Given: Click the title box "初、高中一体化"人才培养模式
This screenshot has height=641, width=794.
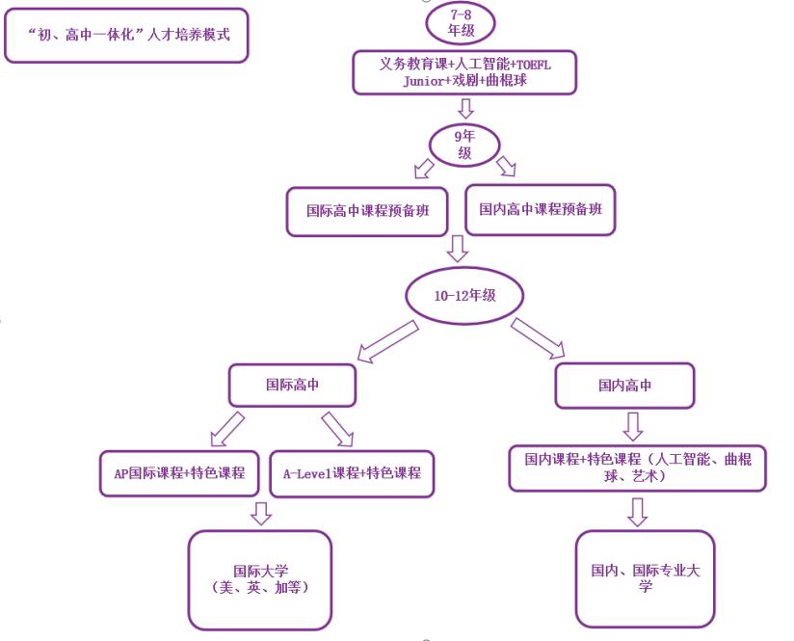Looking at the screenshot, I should pyautogui.click(x=126, y=36).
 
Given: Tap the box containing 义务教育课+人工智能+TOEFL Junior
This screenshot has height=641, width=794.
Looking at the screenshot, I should pyautogui.click(x=464, y=72).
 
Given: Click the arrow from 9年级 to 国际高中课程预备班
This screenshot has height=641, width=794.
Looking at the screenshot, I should pyautogui.click(x=424, y=169).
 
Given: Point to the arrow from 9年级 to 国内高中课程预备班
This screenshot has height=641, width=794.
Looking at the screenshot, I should pyautogui.click(x=505, y=168).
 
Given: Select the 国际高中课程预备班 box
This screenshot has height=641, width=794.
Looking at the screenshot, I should pyautogui.click(x=367, y=211).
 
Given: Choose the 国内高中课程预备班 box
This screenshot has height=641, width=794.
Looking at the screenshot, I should pyautogui.click(x=540, y=209).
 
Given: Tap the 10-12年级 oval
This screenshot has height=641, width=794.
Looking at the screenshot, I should pyautogui.click(x=464, y=296).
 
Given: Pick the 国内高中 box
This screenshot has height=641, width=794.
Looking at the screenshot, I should pyautogui.click(x=624, y=386).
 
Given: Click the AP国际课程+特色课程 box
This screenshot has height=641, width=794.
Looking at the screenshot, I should pyautogui.click(x=179, y=473).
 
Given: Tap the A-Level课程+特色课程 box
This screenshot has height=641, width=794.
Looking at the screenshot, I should pyautogui.click(x=352, y=473).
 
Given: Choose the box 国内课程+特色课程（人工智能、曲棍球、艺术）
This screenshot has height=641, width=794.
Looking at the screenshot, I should pyautogui.click(x=637, y=467).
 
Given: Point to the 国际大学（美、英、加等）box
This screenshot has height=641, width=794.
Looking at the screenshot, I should pyautogui.click(x=260, y=578).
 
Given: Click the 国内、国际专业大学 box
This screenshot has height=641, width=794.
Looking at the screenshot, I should pyautogui.click(x=646, y=578).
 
